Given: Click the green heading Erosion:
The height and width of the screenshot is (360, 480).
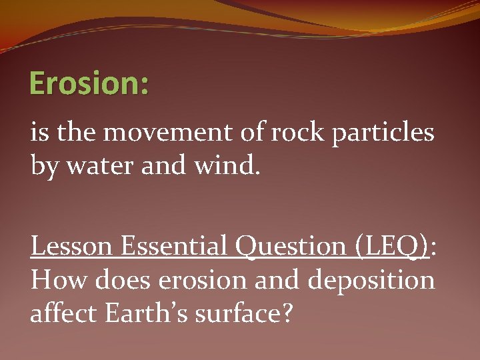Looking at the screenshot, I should (x=90, y=84).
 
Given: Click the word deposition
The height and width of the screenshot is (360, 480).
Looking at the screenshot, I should (x=371, y=281).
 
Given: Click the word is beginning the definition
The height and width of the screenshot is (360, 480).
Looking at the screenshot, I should (x=39, y=133).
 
